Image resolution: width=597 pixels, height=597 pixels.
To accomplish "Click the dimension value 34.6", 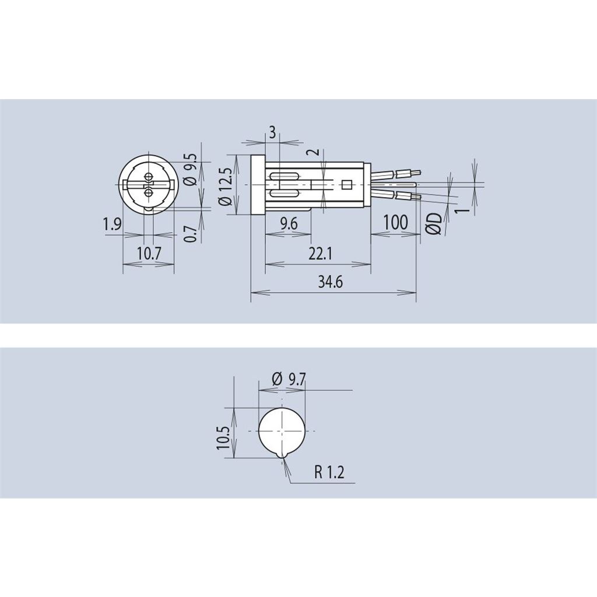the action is point(330,282).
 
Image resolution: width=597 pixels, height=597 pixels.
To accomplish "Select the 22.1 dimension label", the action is point(320,253).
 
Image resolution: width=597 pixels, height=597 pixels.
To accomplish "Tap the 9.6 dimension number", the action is point(289,224).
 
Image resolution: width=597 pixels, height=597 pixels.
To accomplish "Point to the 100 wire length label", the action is point(396,222).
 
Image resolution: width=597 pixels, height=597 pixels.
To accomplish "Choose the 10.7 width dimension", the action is point(149,253).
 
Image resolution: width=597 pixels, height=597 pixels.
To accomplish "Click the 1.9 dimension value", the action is point(113,224).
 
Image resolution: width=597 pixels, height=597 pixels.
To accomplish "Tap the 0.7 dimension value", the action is point(191,234).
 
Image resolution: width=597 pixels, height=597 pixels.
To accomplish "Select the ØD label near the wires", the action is point(434,223).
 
